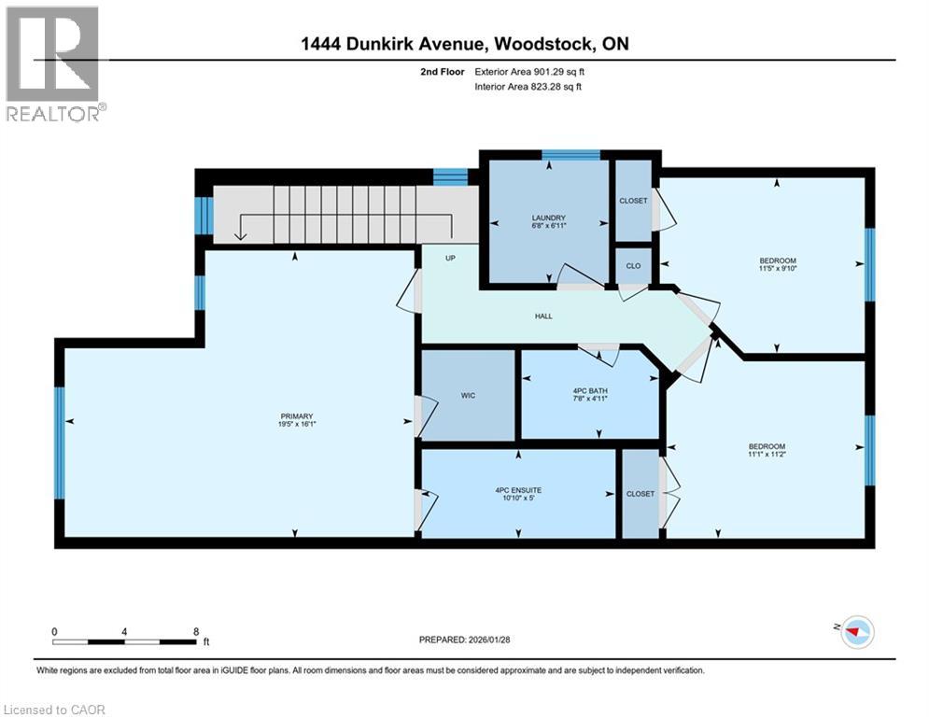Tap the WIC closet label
coord(468,396)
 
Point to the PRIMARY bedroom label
coord(296,416)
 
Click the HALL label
coord(543,316)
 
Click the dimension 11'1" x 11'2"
coord(767,455)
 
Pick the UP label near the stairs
coord(450,258)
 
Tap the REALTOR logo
coord(53,63)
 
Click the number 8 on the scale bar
coord(195,631)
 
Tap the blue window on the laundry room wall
coord(570,155)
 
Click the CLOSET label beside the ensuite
coord(640,494)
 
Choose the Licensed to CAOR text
coord(55,710)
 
